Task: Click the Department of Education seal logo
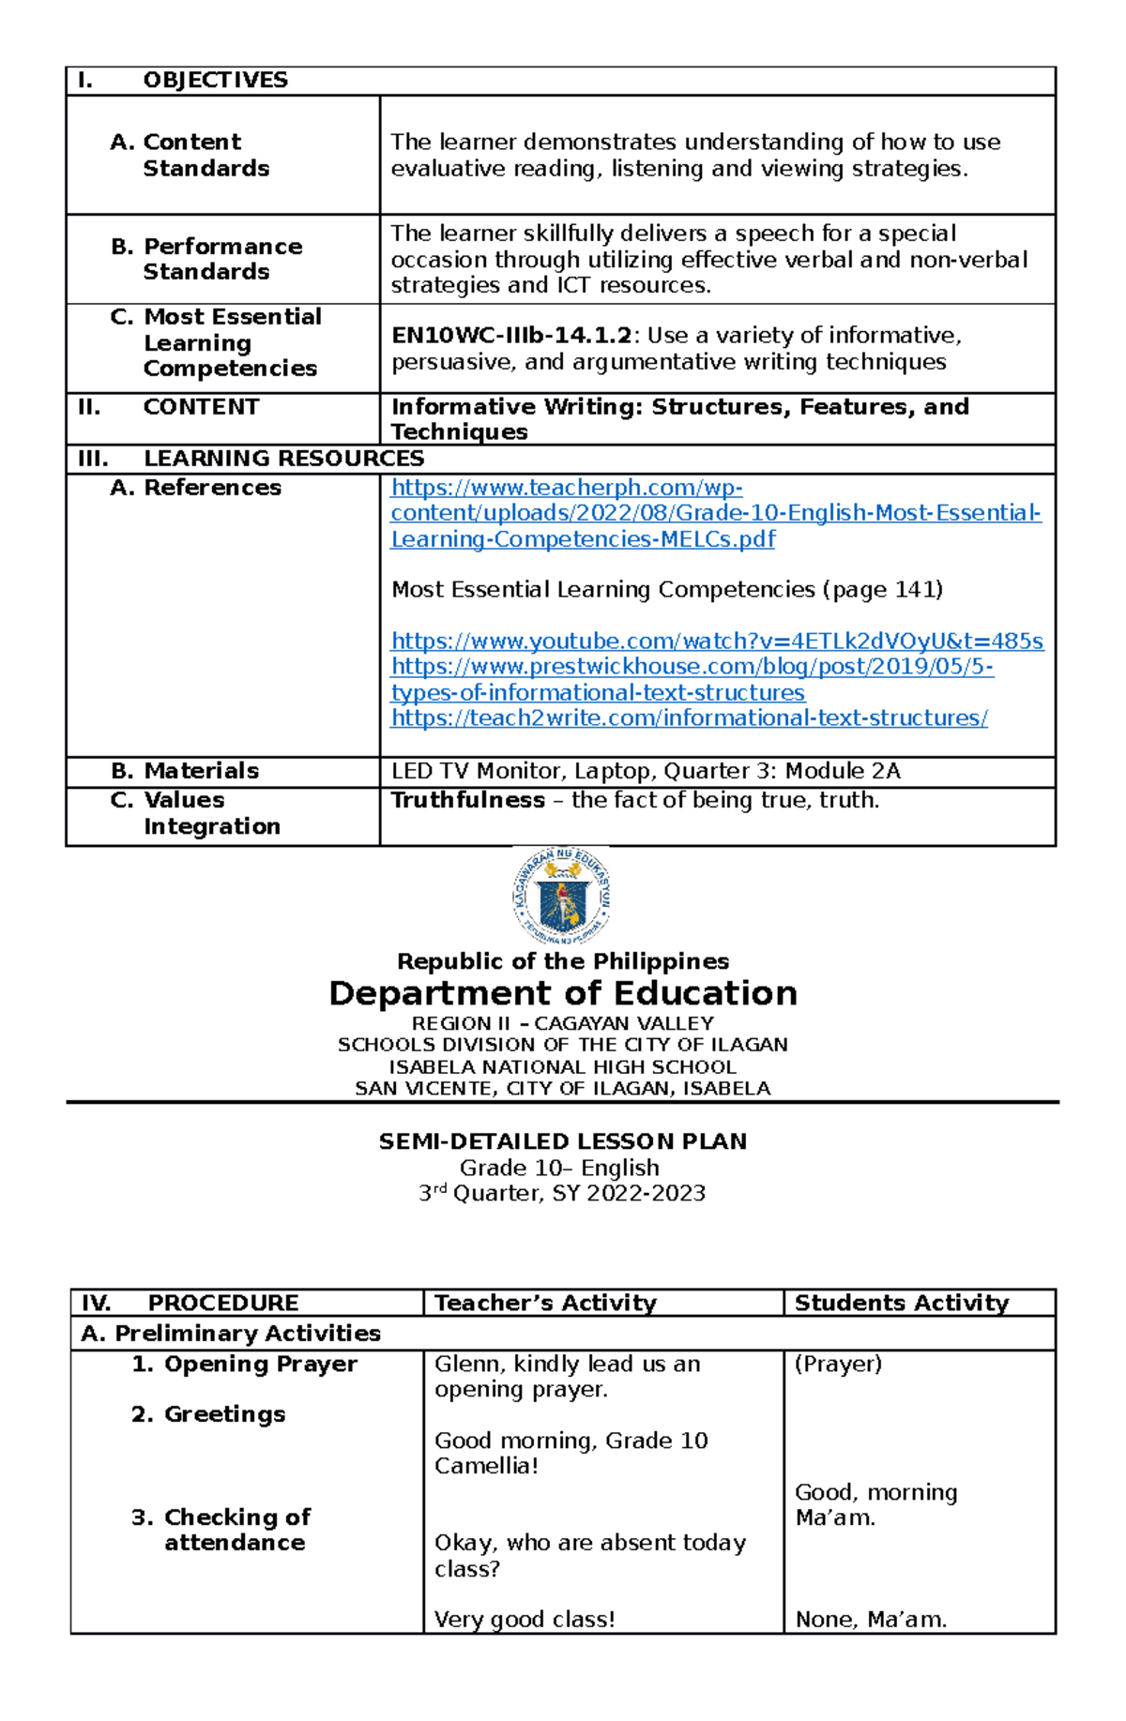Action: click(561, 897)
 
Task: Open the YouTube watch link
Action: click(717, 641)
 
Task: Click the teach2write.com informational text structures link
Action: click(689, 718)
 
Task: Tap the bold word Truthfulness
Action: click(467, 800)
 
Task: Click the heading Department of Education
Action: click(563, 993)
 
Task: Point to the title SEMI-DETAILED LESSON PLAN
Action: click(563, 1141)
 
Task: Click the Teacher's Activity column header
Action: click(545, 1303)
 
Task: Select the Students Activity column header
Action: click(901, 1303)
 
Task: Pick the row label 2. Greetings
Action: click(208, 1414)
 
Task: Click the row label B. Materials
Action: click(185, 771)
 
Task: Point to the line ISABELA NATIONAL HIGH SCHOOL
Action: click(563, 1067)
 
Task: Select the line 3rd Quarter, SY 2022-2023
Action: click(562, 1193)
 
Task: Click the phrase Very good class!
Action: click(525, 1620)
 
